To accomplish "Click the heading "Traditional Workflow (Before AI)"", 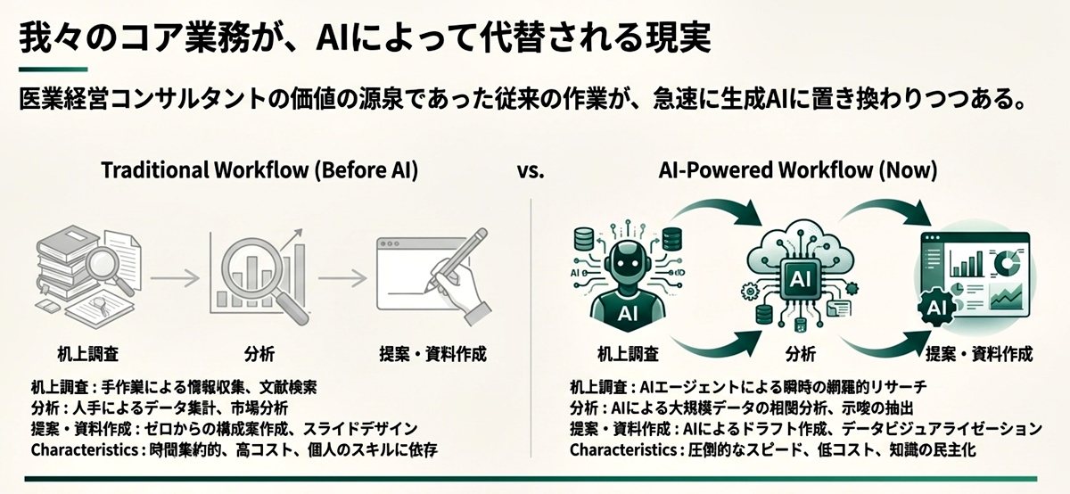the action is pyautogui.click(x=259, y=170).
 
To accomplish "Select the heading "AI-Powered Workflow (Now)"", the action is pyautogui.click(x=798, y=170).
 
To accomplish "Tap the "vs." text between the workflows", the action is pyautogui.click(x=531, y=171).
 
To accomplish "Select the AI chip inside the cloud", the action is pyautogui.click(x=800, y=278).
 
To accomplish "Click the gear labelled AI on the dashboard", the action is pyautogui.click(x=936, y=309).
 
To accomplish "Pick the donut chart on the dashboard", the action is pyautogui.click(x=1007, y=262).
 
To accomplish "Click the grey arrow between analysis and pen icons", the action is pyautogui.click(x=342, y=277).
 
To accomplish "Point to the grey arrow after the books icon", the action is pyautogui.click(x=175, y=277).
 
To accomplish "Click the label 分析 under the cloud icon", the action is pyautogui.click(x=801, y=354).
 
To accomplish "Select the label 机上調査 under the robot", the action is pyautogui.click(x=628, y=354).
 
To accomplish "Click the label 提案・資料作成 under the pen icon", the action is pyautogui.click(x=432, y=354).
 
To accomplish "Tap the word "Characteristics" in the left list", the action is pyautogui.click(x=85, y=450).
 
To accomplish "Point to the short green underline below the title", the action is pyautogui.click(x=53, y=70).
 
